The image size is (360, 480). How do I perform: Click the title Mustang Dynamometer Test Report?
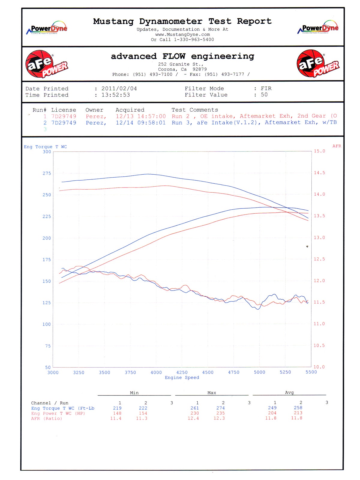182,21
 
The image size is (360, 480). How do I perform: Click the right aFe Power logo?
318,64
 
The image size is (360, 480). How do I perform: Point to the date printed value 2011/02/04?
119,88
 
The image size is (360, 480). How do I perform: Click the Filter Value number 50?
264,95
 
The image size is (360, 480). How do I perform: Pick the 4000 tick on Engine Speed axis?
156,372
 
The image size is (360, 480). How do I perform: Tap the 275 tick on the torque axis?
47,173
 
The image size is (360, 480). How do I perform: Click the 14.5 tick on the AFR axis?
319,173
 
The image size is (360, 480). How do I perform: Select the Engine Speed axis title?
182,377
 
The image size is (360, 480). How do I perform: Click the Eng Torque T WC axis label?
45,147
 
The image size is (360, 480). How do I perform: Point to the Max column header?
212,393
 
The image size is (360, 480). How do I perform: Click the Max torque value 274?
220,408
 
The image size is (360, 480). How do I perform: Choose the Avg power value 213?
298,413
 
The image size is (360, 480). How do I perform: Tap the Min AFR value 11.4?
116,418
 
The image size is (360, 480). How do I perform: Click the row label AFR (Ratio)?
46,418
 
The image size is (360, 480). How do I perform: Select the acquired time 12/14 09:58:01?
141,123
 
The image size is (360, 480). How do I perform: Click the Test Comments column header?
195,110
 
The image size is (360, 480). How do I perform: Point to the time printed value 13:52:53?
116,95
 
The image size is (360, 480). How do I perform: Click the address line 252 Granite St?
181,64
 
